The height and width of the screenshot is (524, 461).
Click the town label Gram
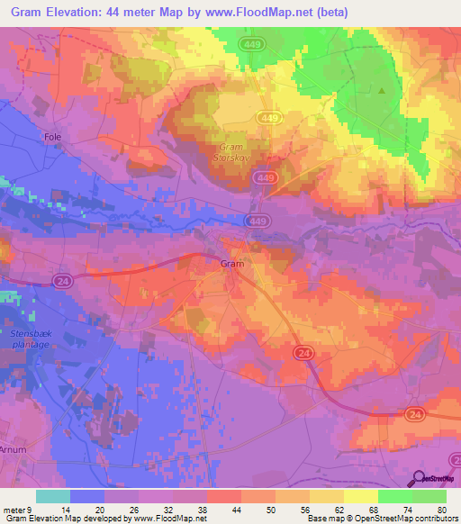click(232, 264)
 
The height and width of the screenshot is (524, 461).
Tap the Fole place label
click(52, 137)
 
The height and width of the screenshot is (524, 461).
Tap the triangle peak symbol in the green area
click(382, 90)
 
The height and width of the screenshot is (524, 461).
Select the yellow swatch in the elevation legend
click(360, 497)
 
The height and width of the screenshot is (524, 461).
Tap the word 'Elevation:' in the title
click(78, 10)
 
